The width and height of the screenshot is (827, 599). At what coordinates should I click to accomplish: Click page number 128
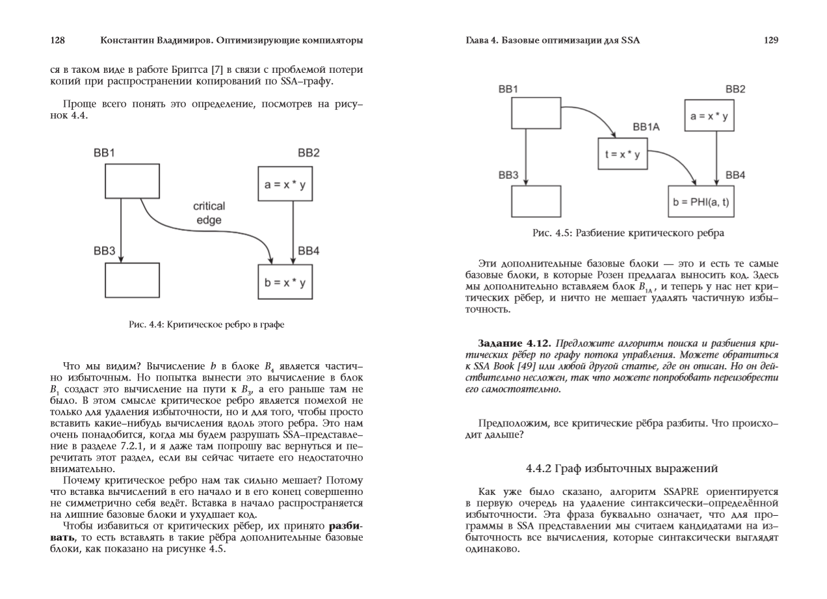pyautogui.click(x=57, y=41)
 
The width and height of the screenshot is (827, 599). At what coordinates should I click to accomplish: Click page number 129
pyautogui.click(x=770, y=41)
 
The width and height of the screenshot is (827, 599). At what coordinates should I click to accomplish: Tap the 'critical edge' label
pyautogui.click(x=209, y=213)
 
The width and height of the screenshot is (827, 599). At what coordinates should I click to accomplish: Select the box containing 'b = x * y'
pyautogui.click(x=285, y=283)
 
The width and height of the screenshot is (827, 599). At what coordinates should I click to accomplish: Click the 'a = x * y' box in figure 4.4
pyautogui.click(x=285, y=185)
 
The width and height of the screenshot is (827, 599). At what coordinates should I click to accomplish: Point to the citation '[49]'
pyautogui.click(x=545, y=362)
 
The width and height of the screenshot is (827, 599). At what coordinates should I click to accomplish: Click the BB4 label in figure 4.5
pyautogui.click(x=735, y=176)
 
